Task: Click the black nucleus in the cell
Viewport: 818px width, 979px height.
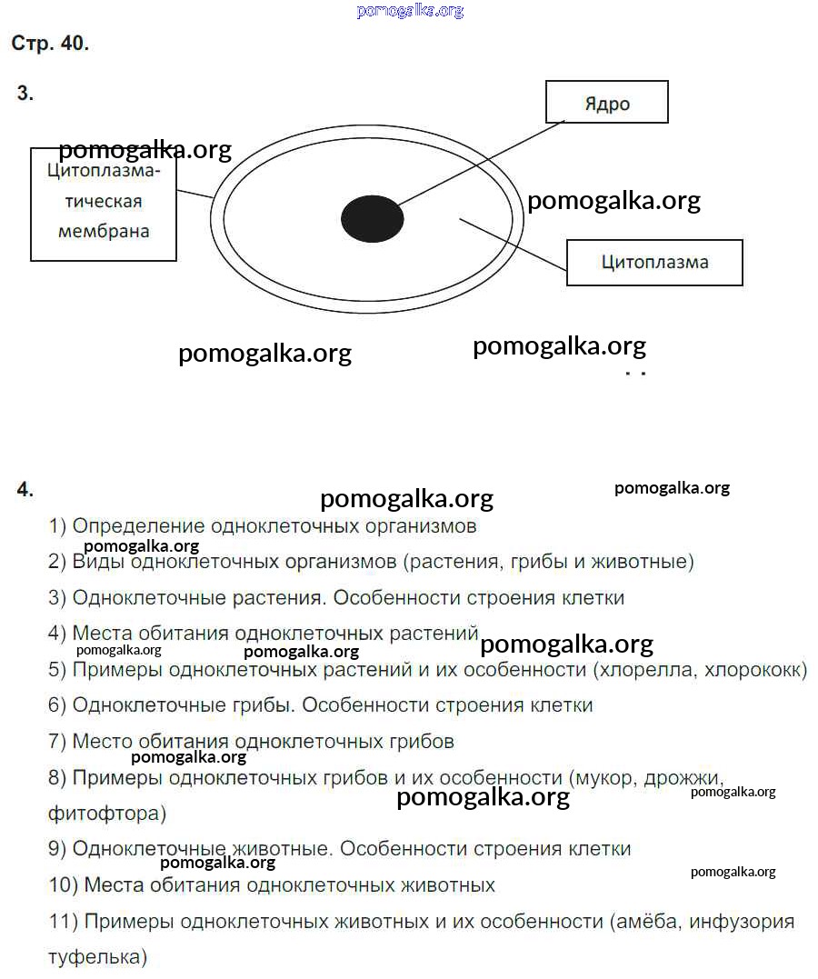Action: [372, 218]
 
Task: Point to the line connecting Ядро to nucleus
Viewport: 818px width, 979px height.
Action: [480, 164]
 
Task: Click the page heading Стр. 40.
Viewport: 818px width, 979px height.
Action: [50, 43]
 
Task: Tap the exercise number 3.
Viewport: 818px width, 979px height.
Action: [25, 93]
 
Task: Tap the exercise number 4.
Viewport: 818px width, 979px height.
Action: [25, 489]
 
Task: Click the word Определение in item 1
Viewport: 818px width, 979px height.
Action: [139, 526]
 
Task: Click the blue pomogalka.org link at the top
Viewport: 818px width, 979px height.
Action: [410, 10]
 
